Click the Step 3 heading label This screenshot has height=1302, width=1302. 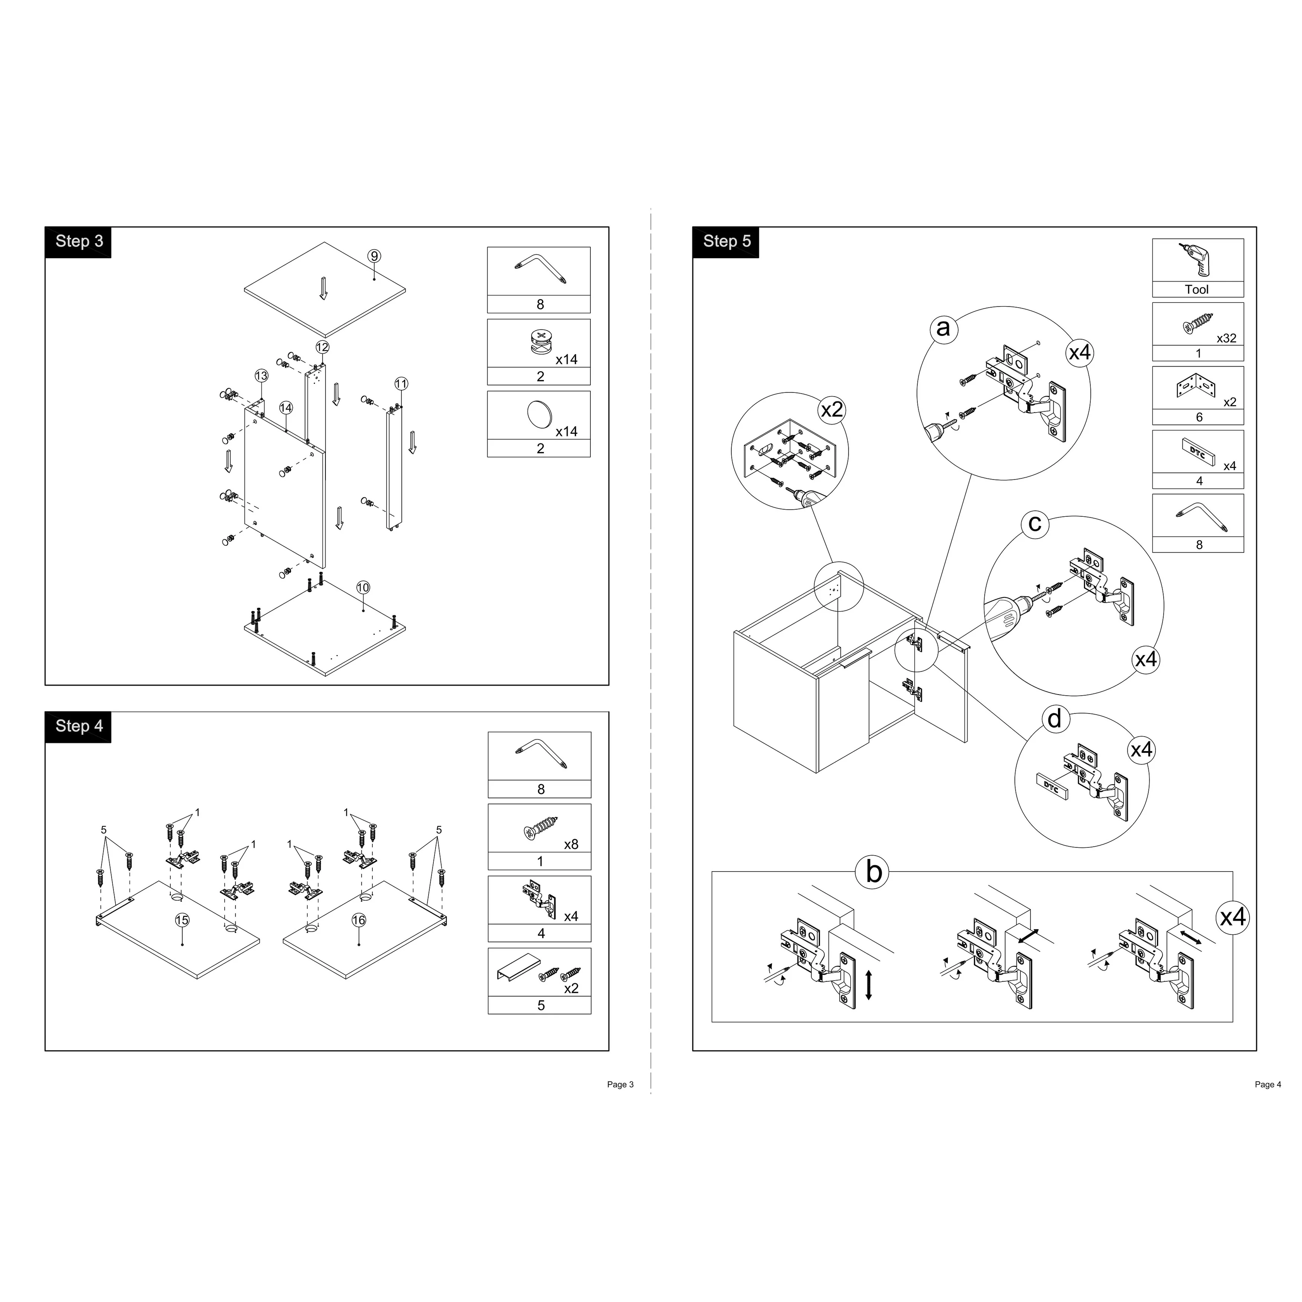[x=79, y=241]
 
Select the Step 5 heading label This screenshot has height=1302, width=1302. [x=727, y=241]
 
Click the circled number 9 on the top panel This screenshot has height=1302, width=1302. [x=374, y=256]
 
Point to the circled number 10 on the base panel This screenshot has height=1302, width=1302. [x=363, y=588]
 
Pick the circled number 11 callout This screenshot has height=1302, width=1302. [x=401, y=384]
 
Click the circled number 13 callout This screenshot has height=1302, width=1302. [x=262, y=376]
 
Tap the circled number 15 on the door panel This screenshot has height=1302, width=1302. [x=182, y=921]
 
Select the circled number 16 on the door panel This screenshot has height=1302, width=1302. [x=359, y=921]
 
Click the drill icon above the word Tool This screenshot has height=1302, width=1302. [x=1196, y=259]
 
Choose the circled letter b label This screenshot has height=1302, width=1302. [x=873, y=872]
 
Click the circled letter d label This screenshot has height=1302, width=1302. [x=1055, y=719]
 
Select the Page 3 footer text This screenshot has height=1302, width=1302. [x=620, y=1084]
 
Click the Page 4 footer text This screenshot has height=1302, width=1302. [x=1268, y=1084]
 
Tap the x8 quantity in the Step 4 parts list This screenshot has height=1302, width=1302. [x=571, y=844]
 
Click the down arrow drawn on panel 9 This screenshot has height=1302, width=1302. [x=324, y=288]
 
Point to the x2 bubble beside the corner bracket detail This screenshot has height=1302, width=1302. [x=832, y=410]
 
